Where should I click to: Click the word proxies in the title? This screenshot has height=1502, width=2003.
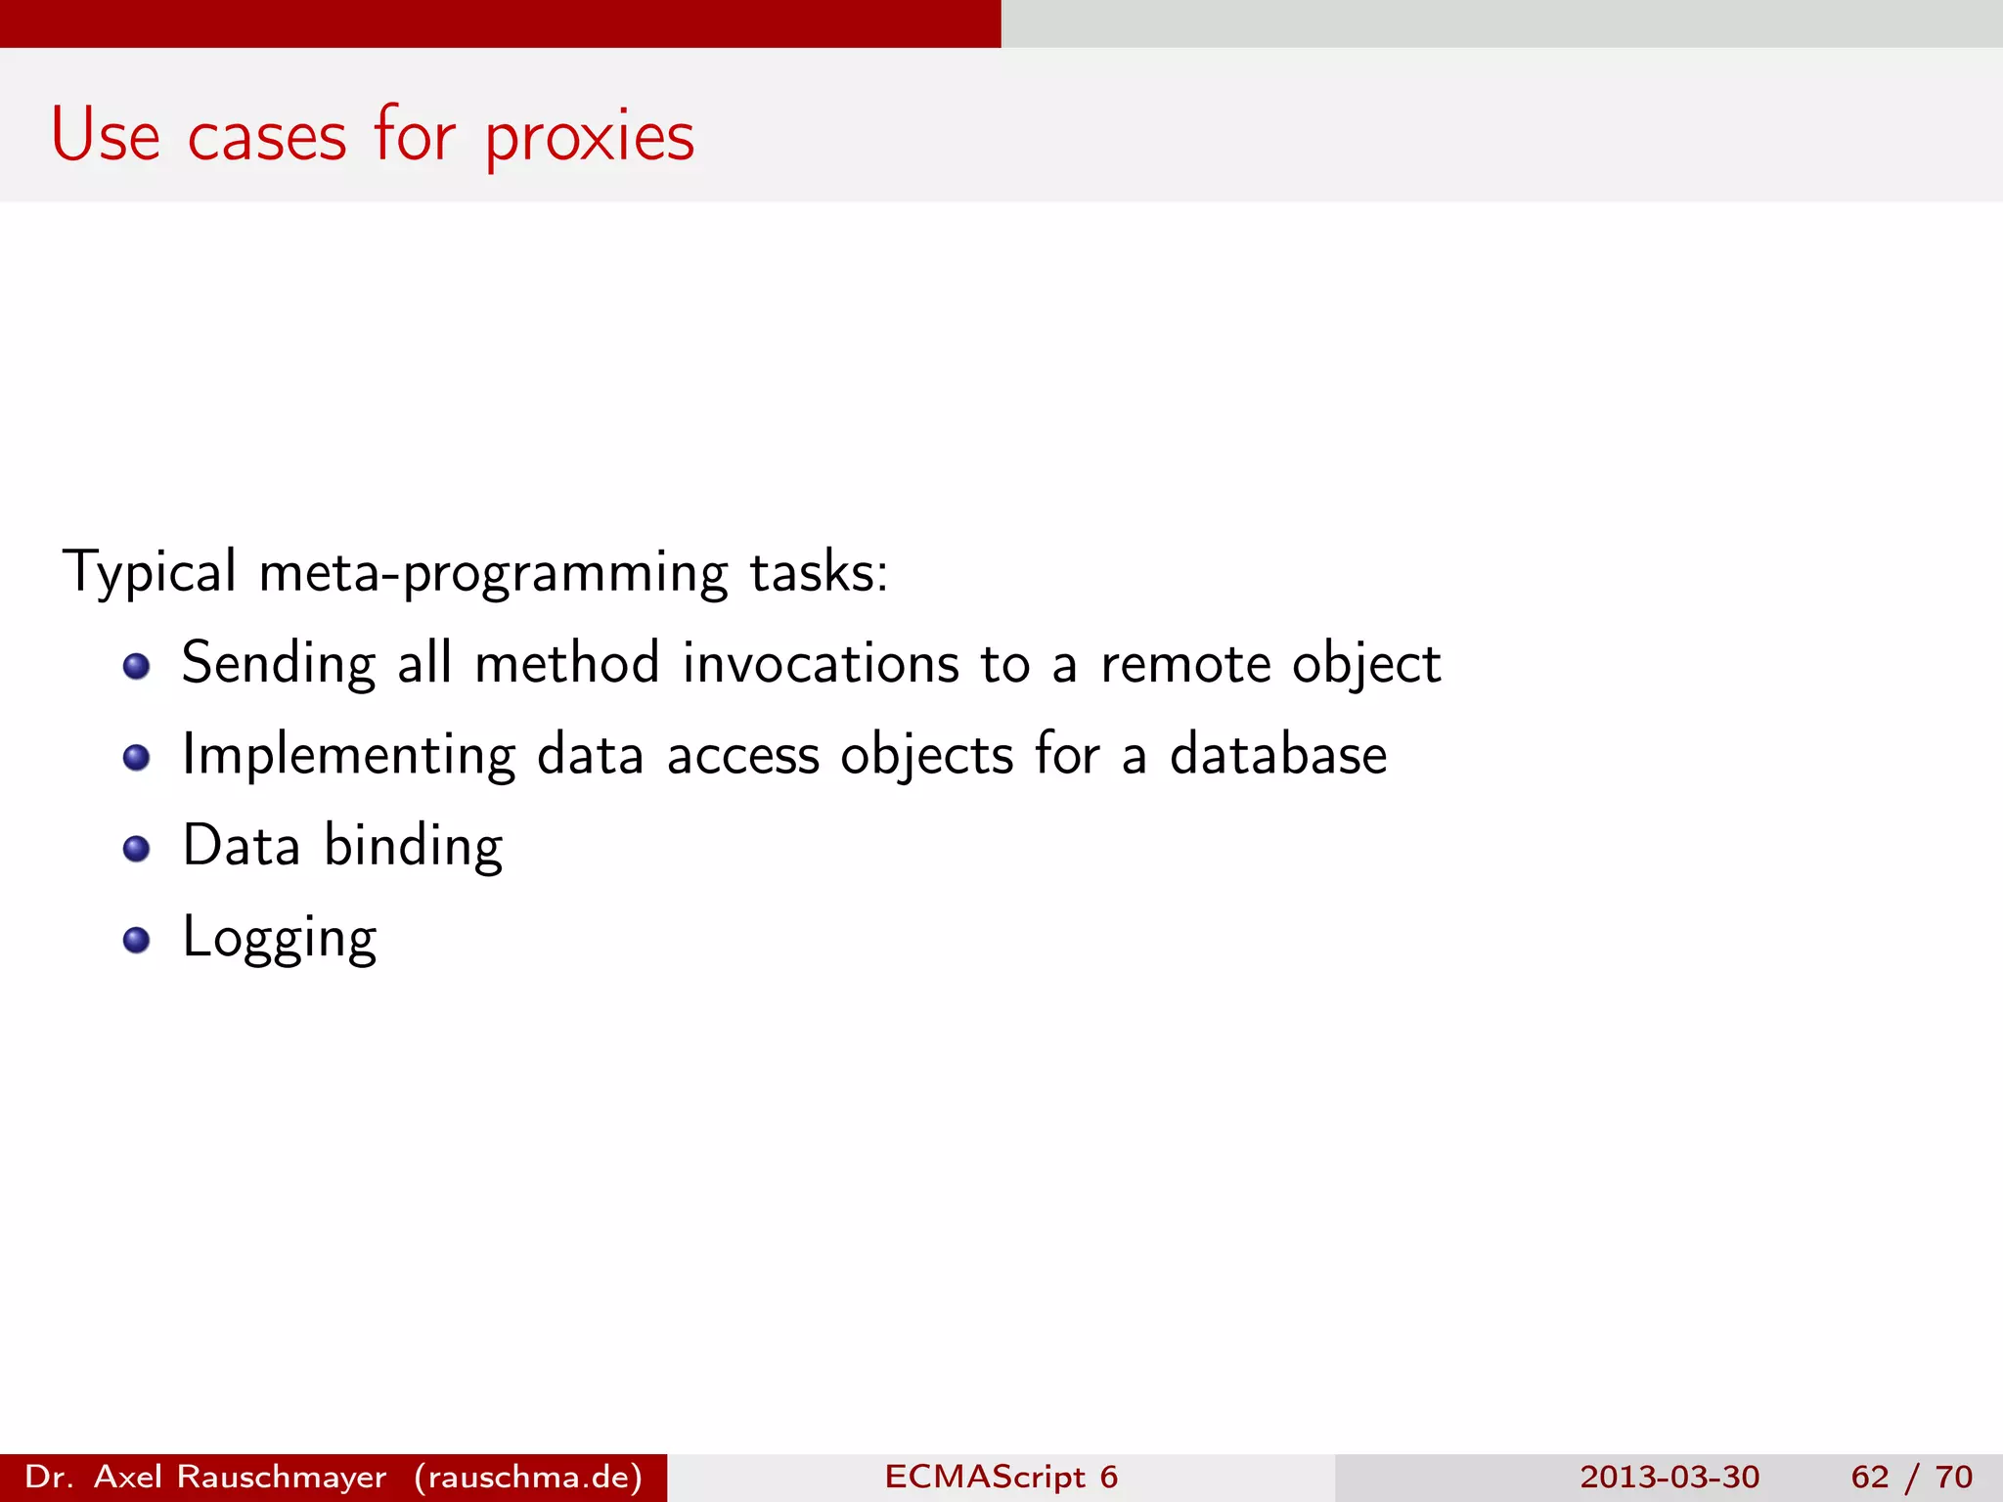click(590, 137)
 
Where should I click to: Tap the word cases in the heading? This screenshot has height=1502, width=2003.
click(266, 137)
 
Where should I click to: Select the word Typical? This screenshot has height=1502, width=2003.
click(149, 572)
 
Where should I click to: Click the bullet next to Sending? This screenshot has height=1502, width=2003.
click(136, 667)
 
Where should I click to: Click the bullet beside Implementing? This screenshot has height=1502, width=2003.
click(136, 758)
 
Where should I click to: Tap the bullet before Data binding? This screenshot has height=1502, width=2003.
click(136, 849)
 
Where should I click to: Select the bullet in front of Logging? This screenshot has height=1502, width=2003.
click(136, 940)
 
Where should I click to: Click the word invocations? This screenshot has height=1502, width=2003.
click(821, 664)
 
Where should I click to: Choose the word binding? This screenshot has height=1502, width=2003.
click(413, 848)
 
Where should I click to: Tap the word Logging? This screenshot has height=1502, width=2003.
click(280, 939)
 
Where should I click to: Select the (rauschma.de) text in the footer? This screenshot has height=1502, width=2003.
click(528, 1477)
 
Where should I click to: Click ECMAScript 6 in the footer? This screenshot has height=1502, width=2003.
click(1001, 1477)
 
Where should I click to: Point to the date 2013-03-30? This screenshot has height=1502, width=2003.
click(1669, 1477)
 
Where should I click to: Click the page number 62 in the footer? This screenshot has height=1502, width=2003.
click(1869, 1477)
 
